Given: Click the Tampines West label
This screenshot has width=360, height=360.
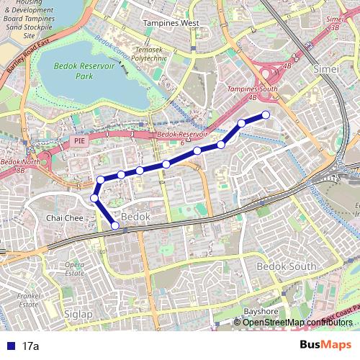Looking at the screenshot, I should click(171, 23).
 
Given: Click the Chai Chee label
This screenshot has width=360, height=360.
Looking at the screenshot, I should click(61, 217).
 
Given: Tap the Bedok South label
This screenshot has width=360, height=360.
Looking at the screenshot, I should click(287, 266).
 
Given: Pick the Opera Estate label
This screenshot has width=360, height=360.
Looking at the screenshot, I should click(75, 269).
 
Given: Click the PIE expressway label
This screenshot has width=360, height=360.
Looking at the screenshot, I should click(80, 143).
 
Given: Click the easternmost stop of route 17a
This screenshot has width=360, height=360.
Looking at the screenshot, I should click(266, 114).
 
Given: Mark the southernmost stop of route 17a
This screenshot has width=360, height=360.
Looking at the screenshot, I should click(115, 225).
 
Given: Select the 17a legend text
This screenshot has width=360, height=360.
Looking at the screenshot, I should click(30, 346).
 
